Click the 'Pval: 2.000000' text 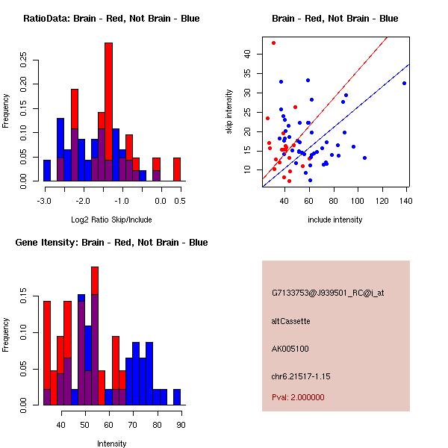pos(298,397)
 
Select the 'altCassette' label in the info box pos(290,321)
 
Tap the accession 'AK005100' pos(290,349)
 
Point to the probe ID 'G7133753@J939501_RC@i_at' pos(328,293)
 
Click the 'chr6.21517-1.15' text pos(301,376)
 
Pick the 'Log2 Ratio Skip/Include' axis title pos(111,220)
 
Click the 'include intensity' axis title pos(335,220)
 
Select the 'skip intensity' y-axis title pos(229,111)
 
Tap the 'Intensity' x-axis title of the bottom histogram pos(111,444)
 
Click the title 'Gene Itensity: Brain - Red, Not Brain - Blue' pos(111,242)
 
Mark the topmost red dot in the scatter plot pos(273,43)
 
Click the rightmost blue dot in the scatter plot pos(404,83)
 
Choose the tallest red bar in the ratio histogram pos(108,112)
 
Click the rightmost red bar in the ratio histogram pos(177,169)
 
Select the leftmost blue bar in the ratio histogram pos(47,170)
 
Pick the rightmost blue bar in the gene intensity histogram pos(177,397)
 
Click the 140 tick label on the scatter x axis pos(405,201)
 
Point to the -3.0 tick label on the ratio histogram pos(44,201)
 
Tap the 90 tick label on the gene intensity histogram pos(181,425)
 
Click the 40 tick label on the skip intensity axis pos(247,54)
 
